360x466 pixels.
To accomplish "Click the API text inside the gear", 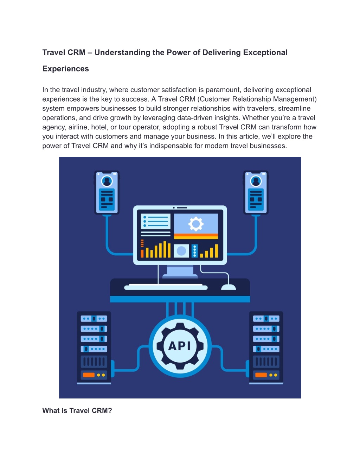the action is (x=179, y=346).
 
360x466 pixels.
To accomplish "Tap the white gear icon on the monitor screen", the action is (x=196, y=224).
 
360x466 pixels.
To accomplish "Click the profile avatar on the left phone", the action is (x=107, y=181).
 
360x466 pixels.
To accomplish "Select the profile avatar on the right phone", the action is (x=256, y=181).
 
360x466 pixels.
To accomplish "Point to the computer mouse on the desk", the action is (x=229, y=287).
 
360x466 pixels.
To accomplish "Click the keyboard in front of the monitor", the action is (x=166, y=287).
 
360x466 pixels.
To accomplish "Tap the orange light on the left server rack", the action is (x=89, y=375).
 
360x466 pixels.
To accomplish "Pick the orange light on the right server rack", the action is (x=261, y=375).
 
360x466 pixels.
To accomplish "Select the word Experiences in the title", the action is (x=66, y=69).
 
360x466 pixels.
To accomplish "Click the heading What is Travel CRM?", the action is (x=77, y=410).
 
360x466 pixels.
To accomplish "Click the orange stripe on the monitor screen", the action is (x=196, y=236).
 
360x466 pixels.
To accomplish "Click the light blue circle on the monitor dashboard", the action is (x=181, y=251).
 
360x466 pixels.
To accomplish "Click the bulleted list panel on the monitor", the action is (x=156, y=221).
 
